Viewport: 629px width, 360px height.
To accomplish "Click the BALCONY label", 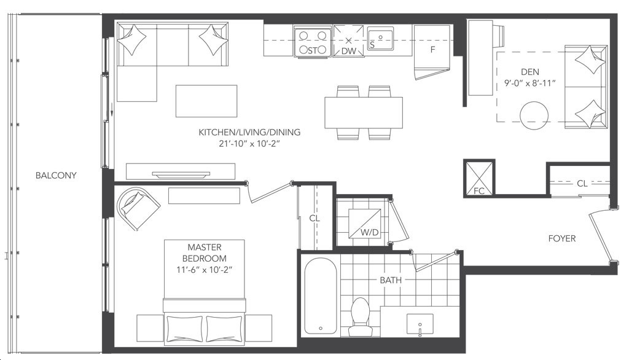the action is (56, 175).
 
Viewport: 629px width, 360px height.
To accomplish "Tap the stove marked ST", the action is (313, 42).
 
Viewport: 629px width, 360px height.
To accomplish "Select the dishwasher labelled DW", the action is (349, 41).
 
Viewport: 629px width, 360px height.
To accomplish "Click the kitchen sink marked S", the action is (381, 39).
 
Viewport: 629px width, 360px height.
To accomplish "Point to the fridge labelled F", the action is (432, 50).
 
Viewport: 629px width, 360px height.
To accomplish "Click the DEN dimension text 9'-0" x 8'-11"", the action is (530, 83).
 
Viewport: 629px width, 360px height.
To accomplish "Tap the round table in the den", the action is (534, 115).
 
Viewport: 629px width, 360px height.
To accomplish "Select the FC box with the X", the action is (479, 178).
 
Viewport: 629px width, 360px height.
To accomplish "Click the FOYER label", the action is (562, 238).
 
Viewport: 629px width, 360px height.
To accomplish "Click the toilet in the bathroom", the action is (359, 316).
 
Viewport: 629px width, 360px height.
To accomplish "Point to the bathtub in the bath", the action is (320, 295).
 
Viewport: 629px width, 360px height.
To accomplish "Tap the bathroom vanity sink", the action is (420, 324).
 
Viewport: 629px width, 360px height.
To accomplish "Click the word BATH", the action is (391, 280).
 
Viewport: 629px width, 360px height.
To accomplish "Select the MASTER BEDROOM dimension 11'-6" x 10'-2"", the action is (205, 270).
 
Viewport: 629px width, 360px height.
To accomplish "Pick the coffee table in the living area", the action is (206, 101).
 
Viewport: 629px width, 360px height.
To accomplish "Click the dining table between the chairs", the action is (364, 112).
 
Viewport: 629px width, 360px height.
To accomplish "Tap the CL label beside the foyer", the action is (582, 184).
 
